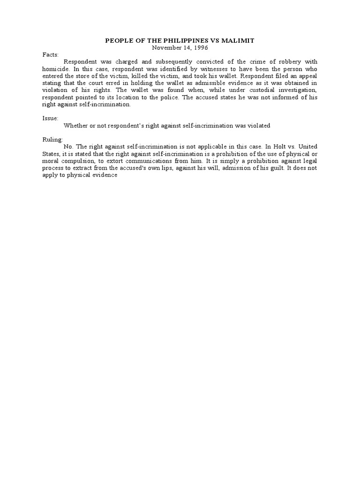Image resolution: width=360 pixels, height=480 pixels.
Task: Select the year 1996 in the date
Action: (x=198, y=47)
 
